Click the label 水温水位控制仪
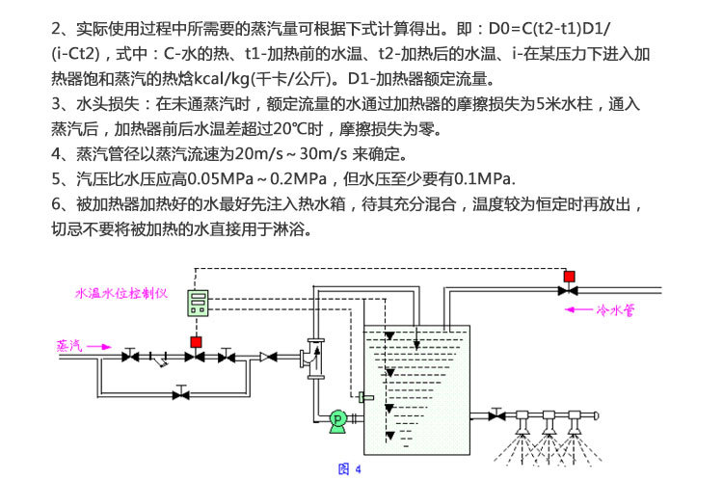(x=122, y=292)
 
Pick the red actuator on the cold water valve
(x=569, y=278)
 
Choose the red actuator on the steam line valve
(x=197, y=342)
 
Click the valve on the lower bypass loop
(x=179, y=394)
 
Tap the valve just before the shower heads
(x=496, y=415)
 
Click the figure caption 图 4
(x=349, y=469)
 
